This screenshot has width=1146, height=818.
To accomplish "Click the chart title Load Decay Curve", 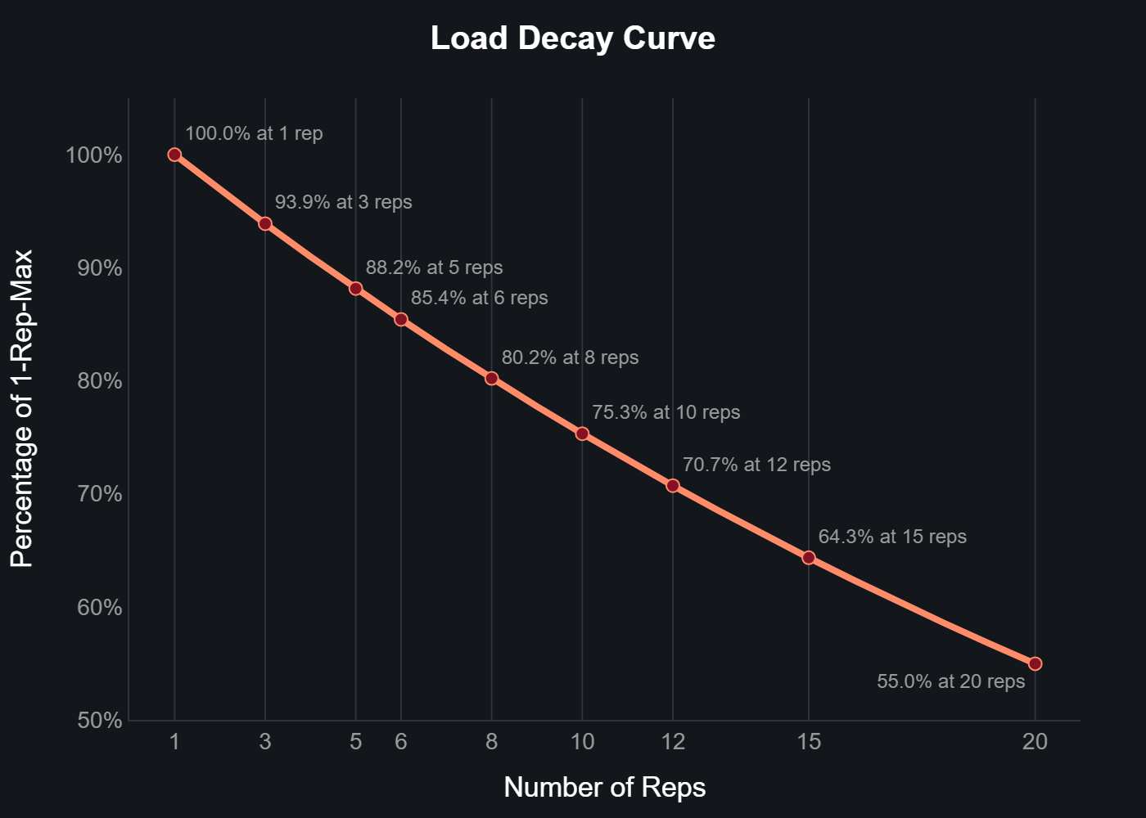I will click(x=572, y=38).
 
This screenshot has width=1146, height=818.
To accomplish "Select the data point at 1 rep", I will click(x=174, y=155).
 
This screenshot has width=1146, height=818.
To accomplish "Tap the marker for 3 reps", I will click(x=265, y=223).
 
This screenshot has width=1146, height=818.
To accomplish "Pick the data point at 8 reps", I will click(x=491, y=378).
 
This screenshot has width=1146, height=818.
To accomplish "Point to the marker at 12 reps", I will click(x=673, y=486).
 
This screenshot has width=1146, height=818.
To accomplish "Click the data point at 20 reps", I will click(x=1035, y=663).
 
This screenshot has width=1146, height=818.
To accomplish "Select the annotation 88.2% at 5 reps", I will click(x=434, y=267).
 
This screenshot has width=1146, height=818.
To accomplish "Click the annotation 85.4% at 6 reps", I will click(x=479, y=298).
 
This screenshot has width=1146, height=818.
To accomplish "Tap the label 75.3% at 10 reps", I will click(x=665, y=412).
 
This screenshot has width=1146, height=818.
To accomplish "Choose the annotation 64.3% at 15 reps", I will click(x=892, y=537).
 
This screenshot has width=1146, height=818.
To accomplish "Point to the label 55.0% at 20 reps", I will click(x=950, y=681).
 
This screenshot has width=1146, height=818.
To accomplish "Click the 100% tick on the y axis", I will click(x=94, y=155).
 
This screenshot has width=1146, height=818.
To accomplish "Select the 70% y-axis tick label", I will click(x=99, y=494).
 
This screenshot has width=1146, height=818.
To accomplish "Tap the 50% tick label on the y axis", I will click(x=99, y=721).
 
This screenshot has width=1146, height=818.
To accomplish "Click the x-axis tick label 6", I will click(x=401, y=742).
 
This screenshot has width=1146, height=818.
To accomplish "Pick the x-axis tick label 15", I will click(x=809, y=742).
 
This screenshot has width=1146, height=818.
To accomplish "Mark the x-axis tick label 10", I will click(x=582, y=742).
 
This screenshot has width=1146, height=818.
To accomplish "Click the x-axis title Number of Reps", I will click(x=604, y=787).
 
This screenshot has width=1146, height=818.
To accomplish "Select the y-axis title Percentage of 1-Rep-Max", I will click(x=22, y=408).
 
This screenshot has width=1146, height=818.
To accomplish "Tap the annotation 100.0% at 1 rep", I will click(x=254, y=133).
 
